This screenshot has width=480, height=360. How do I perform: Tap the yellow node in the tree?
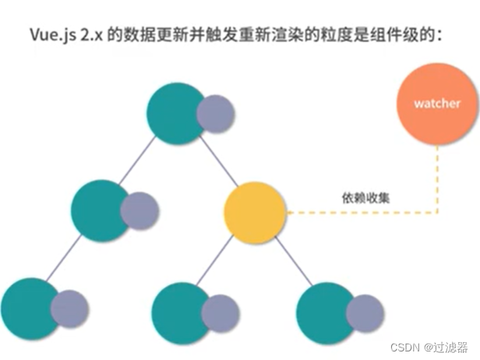pos(255,211)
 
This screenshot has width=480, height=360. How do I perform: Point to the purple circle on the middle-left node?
pos(139,210)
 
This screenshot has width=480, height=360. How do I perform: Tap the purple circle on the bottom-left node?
pos(69,309)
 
